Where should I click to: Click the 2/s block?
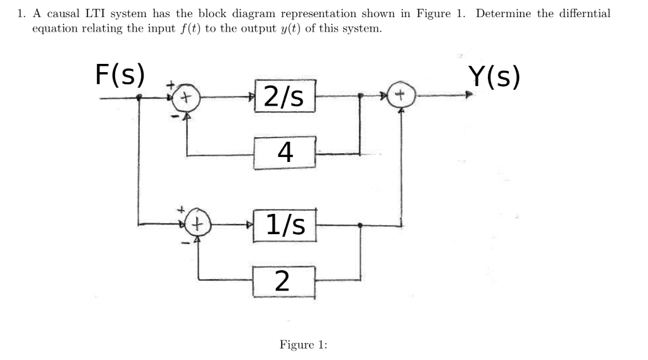(x=284, y=96)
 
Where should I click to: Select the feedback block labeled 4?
(x=285, y=152)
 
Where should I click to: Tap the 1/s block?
(x=284, y=223)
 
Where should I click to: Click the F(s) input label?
(x=120, y=75)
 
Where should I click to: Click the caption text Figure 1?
(x=303, y=345)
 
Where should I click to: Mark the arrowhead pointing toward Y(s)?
(x=468, y=96)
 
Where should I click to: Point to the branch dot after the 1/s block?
(x=360, y=224)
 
